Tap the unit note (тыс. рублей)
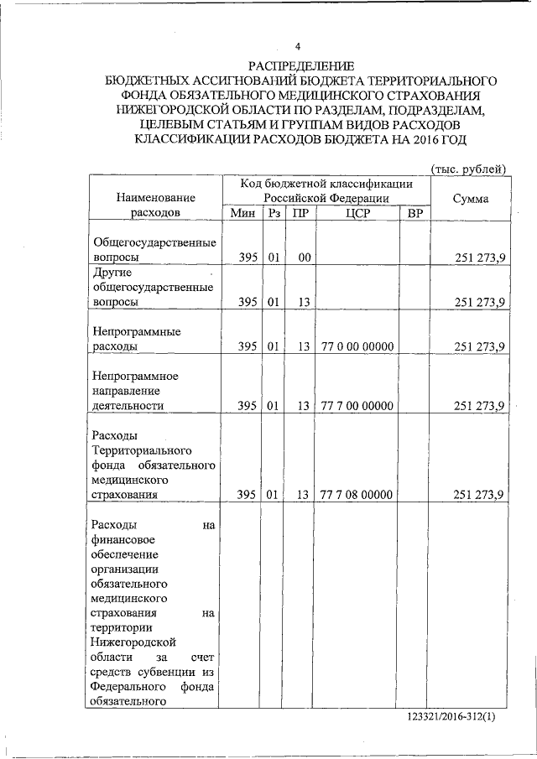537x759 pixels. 468,169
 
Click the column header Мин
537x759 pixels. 241,213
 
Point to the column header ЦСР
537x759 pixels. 357,213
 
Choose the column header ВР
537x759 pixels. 414,213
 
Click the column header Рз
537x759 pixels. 274,213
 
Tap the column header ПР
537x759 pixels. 300,213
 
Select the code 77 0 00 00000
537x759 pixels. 357,346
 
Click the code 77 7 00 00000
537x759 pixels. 357,406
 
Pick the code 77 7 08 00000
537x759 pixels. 357,495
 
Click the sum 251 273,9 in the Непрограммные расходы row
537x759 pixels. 478,346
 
